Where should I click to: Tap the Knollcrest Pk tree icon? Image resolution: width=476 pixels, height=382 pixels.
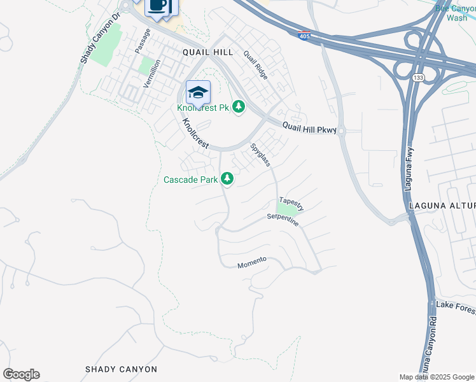click(x=239, y=106)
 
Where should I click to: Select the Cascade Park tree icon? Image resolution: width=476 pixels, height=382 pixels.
click(x=227, y=180)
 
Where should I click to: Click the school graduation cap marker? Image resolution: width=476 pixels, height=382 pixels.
click(x=198, y=93)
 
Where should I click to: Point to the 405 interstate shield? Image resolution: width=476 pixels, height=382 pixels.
click(x=305, y=37)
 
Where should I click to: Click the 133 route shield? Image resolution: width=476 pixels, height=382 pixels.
click(x=417, y=77)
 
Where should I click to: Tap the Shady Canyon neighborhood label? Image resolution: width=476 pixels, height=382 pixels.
click(x=121, y=369)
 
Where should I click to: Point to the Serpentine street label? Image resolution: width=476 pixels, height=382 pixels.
click(x=283, y=220)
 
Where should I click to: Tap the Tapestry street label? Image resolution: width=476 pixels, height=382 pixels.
click(x=291, y=204)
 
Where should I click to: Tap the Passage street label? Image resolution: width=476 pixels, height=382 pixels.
click(x=139, y=40)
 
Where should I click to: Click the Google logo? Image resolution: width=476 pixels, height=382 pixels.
click(x=21, y=374)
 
